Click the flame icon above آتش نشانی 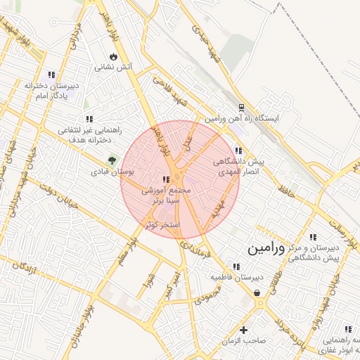tap(114, 57)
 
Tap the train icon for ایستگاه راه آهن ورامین tap(241, 108)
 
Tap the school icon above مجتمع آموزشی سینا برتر tap(166, 180)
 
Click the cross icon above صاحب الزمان tap(243, 329)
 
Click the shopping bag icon tap(257, 292)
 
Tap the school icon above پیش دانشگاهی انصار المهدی tap(239, 150)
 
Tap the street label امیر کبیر tap(170, 288)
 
